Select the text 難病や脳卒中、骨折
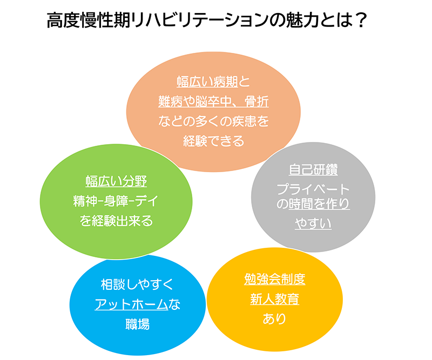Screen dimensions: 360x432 click(x=213, y=102)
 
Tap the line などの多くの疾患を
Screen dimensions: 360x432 click(x=213, y=121)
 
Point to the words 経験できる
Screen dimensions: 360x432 click(x=213, y=141)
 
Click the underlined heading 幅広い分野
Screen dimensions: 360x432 click(x=116, y=181)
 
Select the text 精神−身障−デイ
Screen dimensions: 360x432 click(x=116, y=201)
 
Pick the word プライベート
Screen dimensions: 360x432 click(x=313, y=189)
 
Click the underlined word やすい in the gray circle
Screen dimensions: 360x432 click(x=313, y=222)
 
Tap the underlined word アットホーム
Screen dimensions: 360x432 click(x=131, y=304)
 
